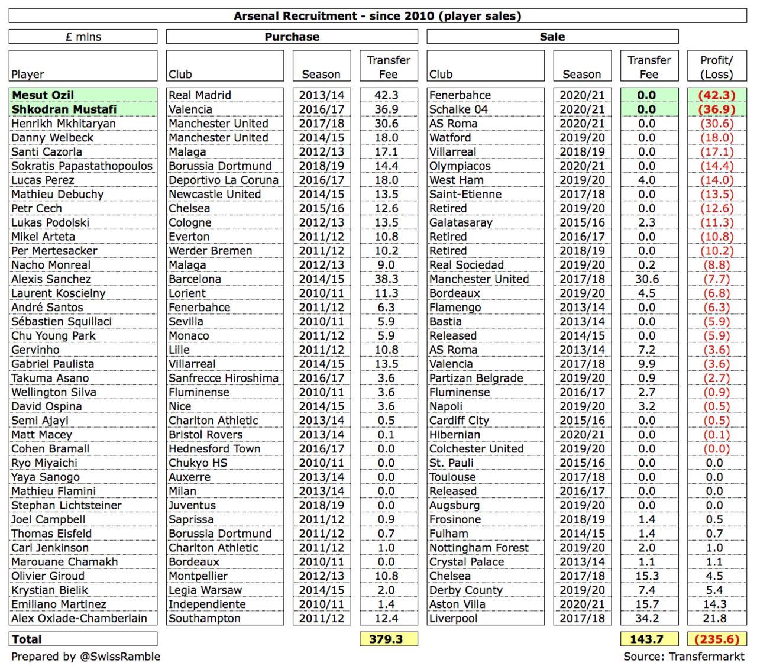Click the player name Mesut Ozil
[x=43, y=95]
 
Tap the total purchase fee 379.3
[x=388, y=639]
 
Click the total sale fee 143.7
[x=648, y=639]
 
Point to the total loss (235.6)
[x=717, y=639]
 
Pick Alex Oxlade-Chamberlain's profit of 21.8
[x=714, y=619]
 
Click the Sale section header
[x=552, y=37]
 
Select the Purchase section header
[x=292, y=37]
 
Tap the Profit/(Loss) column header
[x=716, y=67]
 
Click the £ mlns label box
[x=83, y=37]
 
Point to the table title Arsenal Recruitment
[x=377, y=16]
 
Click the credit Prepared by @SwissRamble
[x=86, y=657]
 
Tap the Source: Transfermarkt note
[x=684, y=657]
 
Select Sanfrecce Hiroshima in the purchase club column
[x=223, y=378]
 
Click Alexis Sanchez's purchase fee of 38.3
[x=387, y=279]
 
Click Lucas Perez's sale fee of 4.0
[x=647, y=180]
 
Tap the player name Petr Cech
[x=37, y=209]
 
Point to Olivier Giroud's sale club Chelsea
[x=450, y=576]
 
